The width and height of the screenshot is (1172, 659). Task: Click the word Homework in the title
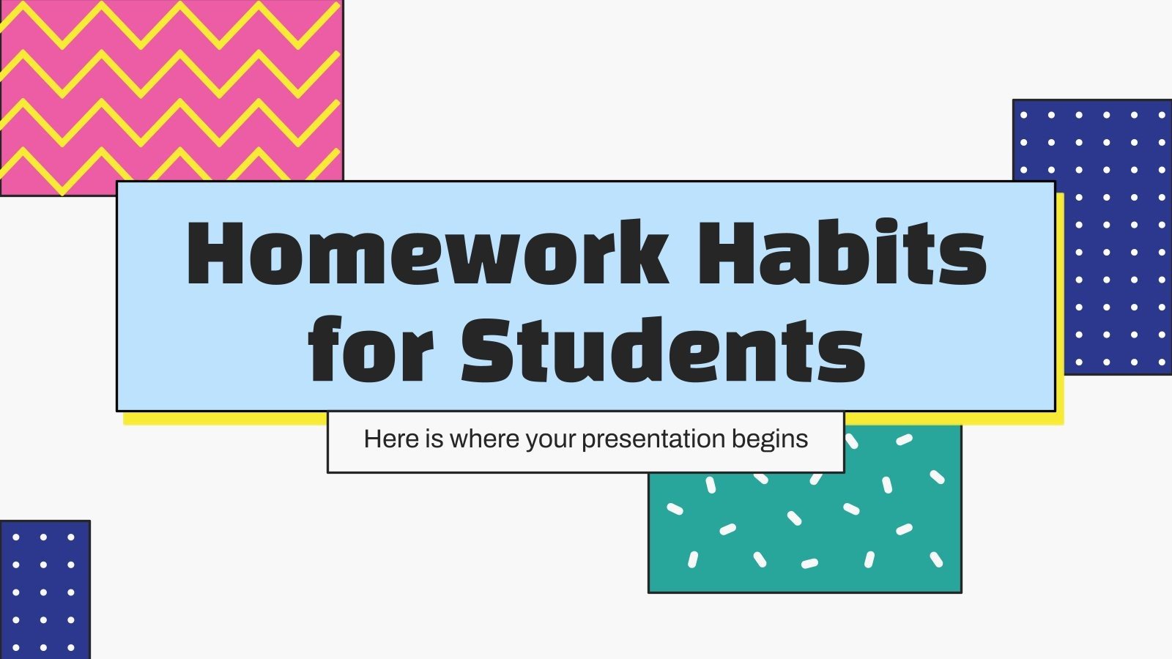tap(428, 253)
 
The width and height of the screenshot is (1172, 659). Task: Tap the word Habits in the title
tap(841, 253)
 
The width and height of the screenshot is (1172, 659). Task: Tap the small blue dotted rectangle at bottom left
tap(45, 589)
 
